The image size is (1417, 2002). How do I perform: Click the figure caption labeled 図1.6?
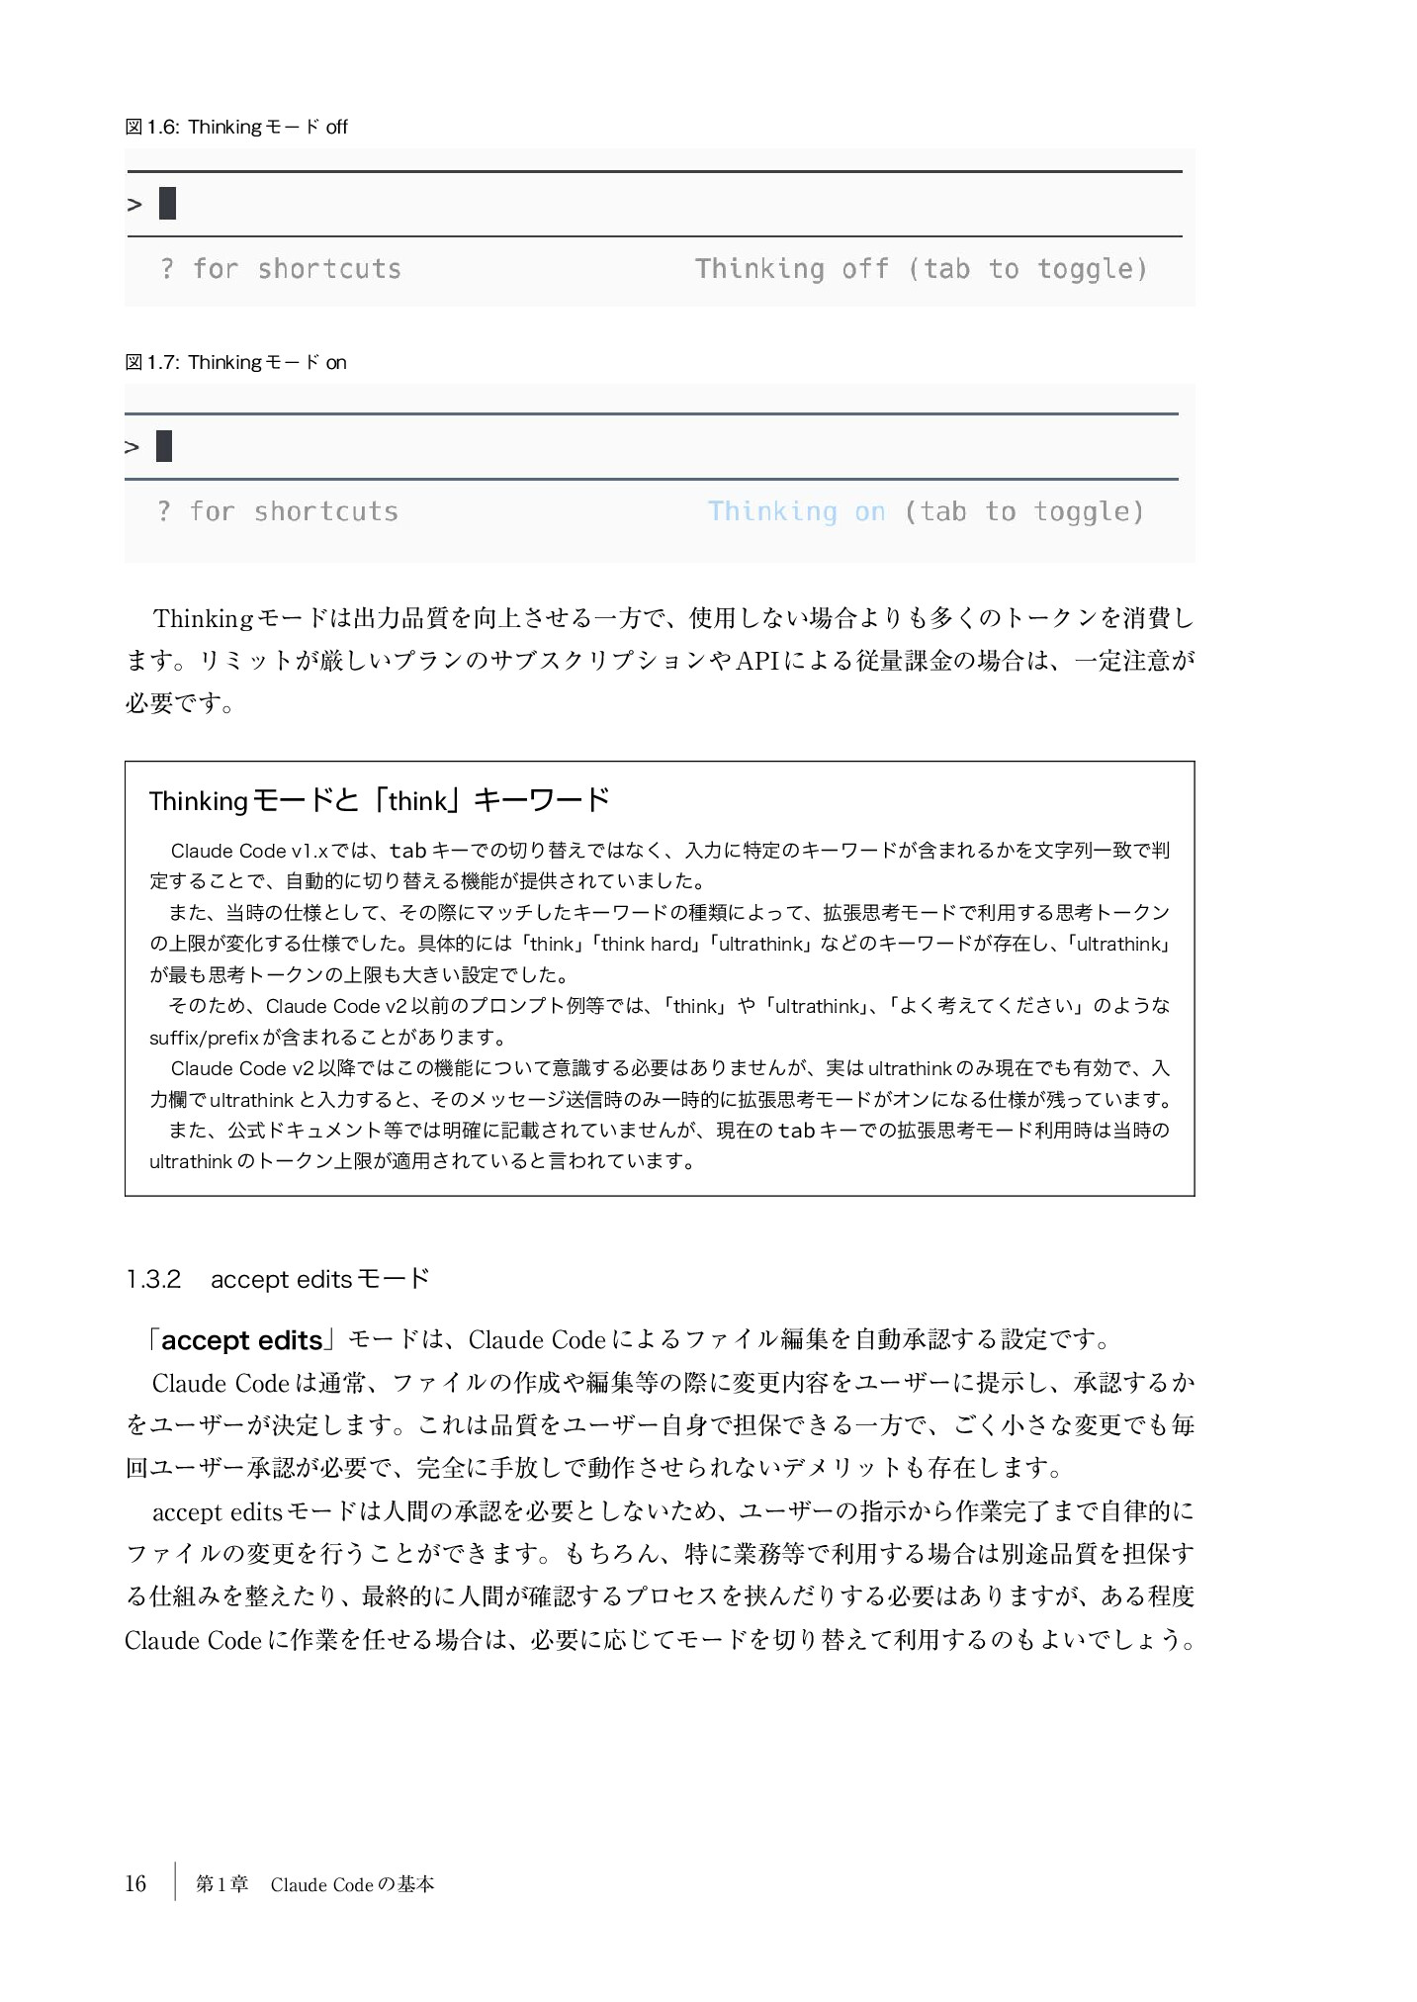coord(236,127)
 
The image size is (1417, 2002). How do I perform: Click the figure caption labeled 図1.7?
coord(235,362)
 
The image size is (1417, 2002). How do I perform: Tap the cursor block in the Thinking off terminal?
coord(167,203)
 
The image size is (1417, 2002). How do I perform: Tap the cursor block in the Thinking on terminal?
coord(164,446)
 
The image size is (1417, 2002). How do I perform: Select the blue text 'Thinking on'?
coord(796,511)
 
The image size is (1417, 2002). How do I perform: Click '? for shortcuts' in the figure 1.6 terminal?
coord(281,269)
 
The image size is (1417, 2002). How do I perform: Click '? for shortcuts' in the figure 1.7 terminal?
coord(278,511)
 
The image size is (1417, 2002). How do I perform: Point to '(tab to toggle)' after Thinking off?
coord(1027,269)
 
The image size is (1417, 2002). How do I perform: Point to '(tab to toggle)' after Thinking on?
coord(1024,511)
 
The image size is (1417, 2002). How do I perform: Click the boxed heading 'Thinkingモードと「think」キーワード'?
coord(380,800)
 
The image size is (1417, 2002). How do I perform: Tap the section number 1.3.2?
coord(153,1279)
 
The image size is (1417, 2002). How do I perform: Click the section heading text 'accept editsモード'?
coord(320,1279)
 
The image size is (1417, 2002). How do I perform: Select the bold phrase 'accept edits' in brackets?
coord(242,1340)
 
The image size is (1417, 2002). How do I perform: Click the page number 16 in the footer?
coord(135,1883)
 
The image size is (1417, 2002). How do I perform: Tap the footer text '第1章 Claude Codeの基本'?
coord(314,1884)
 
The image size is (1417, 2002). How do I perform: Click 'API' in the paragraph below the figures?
coord(757,661)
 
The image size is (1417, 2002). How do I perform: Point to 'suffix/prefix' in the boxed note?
coord(204,1038)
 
